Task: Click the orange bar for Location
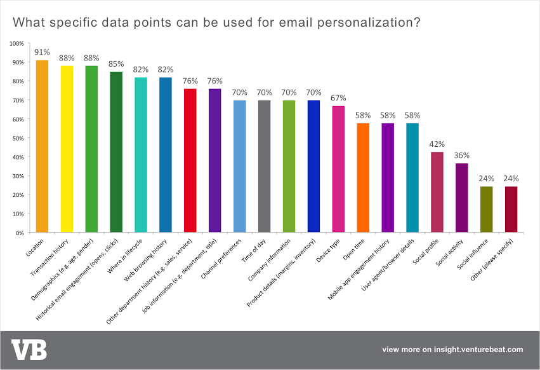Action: click(42, 146)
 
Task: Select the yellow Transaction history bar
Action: click(67, 149)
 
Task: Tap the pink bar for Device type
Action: click(339, 169)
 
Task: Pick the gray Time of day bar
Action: click(265, 167)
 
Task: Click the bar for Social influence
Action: click(487, 210)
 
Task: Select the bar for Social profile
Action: click(437, 193)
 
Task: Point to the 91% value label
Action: click(42, 52)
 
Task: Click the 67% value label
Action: click(339, 98)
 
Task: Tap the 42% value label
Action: click(437, 144)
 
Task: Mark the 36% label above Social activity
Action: click(462, 156)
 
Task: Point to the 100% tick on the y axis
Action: click(16, 43)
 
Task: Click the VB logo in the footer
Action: click(29, 350)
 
